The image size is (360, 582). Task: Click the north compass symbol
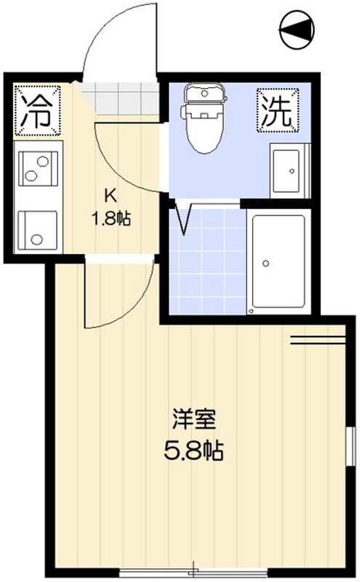coord(297,29)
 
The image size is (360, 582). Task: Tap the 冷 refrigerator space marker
coord(38,110)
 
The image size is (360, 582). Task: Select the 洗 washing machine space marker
coord(278,110)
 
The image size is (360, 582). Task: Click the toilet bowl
coord(204,131)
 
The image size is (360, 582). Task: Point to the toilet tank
coord(205,92)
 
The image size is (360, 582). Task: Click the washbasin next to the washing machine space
coord(289,171)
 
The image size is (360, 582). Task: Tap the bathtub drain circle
coord(265,263)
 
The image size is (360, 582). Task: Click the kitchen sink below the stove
coord(38,230)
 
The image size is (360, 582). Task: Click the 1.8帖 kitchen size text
coord(111,218)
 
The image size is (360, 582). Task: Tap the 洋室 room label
coord(194,419)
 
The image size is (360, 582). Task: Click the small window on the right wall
coord(349,446)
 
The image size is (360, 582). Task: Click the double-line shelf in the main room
coord(318,340)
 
